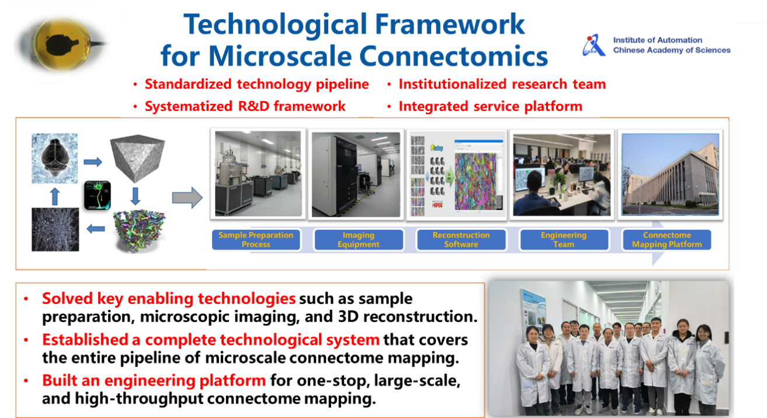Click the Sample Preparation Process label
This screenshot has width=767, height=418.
pos(256,240)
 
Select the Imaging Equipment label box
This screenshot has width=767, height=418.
pos(358,240)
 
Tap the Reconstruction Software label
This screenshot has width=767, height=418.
pos(461,240)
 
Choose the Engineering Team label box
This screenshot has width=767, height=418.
pos(563,240)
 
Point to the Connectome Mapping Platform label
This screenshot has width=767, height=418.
pos(667,240)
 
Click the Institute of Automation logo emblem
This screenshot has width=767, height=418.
pos(594,46)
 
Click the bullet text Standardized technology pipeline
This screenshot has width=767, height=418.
pos(256,84)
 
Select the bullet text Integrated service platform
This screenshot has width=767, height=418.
pos(490,106)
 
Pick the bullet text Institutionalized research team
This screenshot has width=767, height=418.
pos(502,84)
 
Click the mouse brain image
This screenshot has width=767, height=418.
pos(54,157)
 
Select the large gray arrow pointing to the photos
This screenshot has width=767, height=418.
pos(187,198)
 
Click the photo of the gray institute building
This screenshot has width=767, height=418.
pos(670,174)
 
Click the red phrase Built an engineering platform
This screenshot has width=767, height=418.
pos(154,381)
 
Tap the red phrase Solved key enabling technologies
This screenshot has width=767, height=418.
pos(168,299)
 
